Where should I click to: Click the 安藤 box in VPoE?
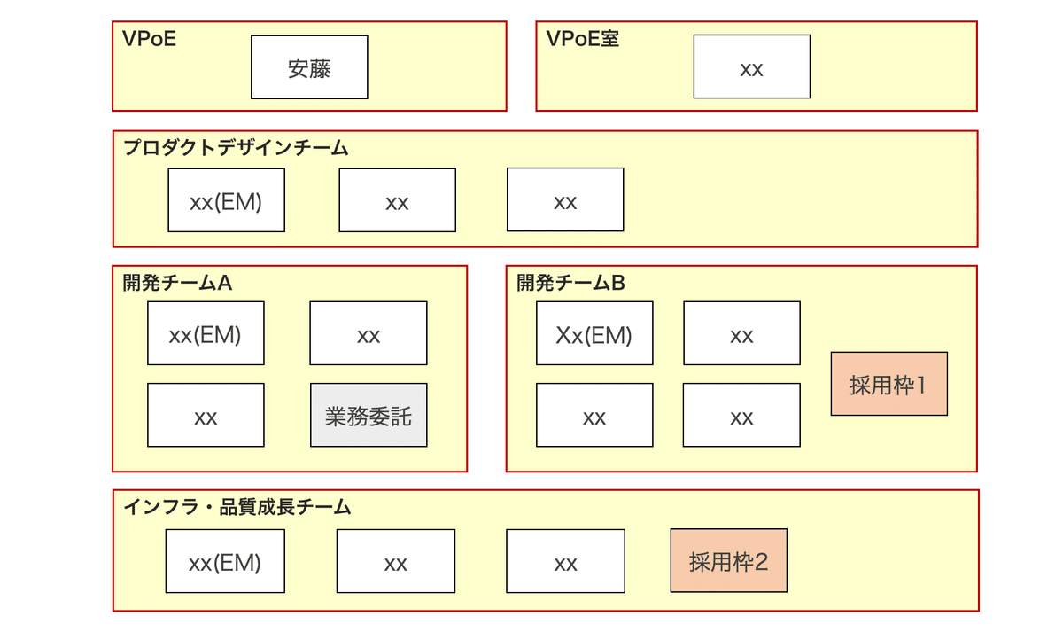pyautogui.click(x=309, y=67)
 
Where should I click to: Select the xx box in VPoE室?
pyautogui.click(x=751, y=67)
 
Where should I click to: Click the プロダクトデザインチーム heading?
pyautogui.click(x=236, y=148)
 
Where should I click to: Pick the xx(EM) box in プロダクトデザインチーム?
pyautogui.click(x=226, y=201)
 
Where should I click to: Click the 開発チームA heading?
pyautogui.click(x=177, y=283)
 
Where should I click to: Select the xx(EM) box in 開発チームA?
pyautogui.click(x=206, y=334)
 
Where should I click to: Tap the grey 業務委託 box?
pyautogui.click(x=369, y=415)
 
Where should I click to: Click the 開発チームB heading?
pyautogui.click(x=570, y=283)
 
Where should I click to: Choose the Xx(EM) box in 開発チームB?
pyautogui.click(x=594, y=334)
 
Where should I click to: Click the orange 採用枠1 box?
pyautogui.click(x=888, y=385)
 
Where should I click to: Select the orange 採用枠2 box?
pyautogui.click(x=728, y=561)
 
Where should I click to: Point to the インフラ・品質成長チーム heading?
pyautogui.click(x=237, y=507)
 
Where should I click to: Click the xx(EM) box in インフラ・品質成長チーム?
pyautogui.click(x=225, y=562)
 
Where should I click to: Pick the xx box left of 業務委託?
pyautogui.click(x=206, y=416)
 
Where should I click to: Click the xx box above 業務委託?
pyautogui.click(x=369, y=334)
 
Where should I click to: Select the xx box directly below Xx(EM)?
pyautogui.click(x=594, y=416)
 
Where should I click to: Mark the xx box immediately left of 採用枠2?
pyautogui.click(x=565, y=562)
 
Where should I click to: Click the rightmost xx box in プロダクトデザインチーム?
pyautogui.click(x=565, y=201)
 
